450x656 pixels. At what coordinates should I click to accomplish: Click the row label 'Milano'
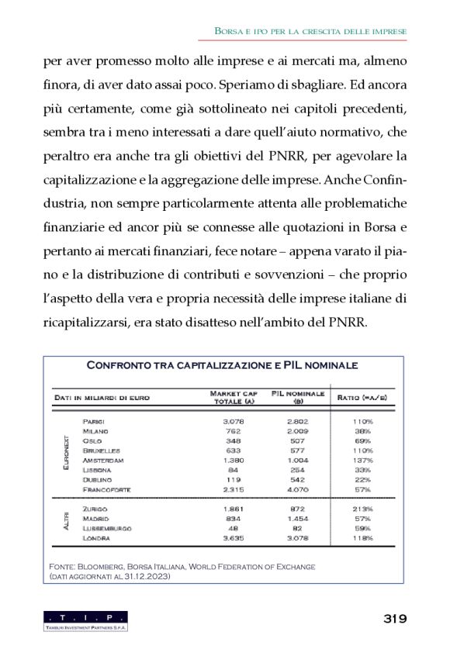tap(95, 430)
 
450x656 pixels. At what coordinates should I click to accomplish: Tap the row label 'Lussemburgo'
tap(108, 527)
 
